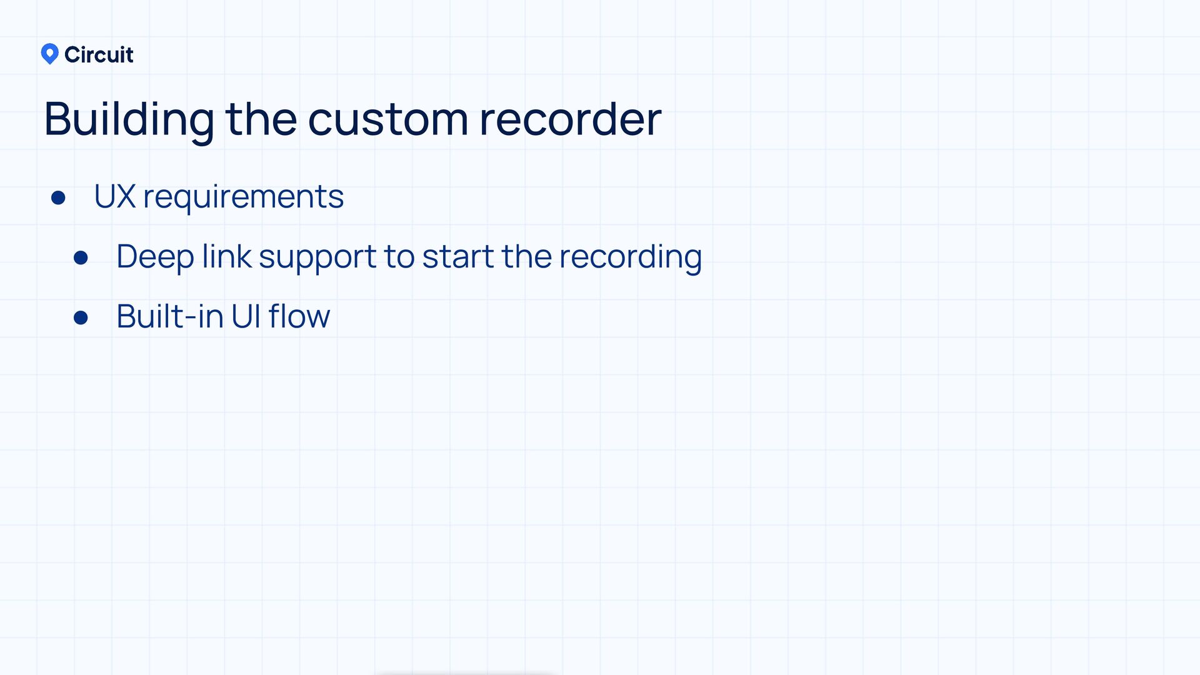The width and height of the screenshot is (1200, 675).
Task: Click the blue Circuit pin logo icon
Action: point(49,54)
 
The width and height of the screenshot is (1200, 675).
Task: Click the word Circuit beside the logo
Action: point(99,55)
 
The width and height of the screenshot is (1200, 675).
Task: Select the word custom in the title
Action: point(387,119)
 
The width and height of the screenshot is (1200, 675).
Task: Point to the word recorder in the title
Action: point(570,119)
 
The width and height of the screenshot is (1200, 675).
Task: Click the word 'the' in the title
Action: point(261,119)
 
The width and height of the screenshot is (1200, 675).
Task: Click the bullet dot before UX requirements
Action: point(59,198)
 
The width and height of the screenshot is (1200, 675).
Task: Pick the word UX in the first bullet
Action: point(114,196)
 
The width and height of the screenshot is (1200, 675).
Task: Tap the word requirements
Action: point(243,197)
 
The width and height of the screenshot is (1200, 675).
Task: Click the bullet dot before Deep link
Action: point(81,257)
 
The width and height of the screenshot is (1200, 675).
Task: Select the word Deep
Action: point(155,257)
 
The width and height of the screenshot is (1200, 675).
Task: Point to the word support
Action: point(317,257)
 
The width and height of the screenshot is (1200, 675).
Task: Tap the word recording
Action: point(631,257)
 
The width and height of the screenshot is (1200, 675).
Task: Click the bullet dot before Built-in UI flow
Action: point(81,317)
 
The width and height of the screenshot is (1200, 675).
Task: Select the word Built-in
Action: point(169,316)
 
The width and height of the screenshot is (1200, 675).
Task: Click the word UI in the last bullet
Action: point(245,316)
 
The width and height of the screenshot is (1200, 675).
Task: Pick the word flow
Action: point(299,316)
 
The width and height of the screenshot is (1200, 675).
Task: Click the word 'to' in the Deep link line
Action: point(399,257)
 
